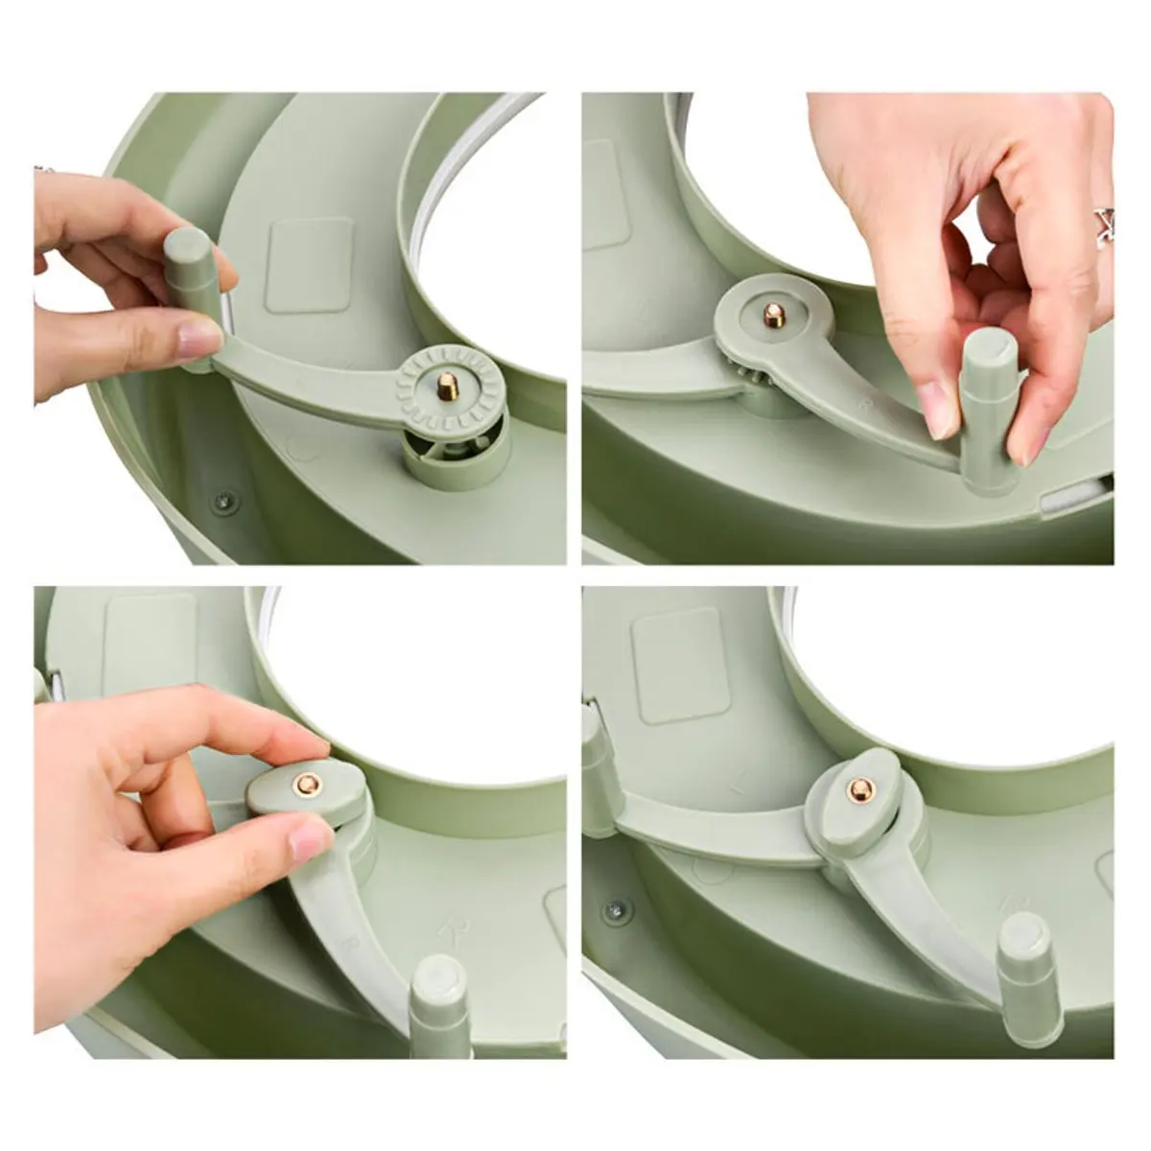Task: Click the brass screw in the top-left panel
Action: (x=446, y=388)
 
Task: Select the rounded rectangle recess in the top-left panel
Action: (x=309, y=264)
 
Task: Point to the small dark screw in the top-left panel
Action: (x=223, y=500)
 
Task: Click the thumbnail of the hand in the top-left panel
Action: (x=199, y=338)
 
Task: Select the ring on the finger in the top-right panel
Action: (x=1103, y=225)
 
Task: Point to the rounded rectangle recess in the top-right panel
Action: (x=605, y=197)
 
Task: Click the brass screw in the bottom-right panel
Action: (x=857, y=790)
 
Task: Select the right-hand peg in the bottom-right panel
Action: (x=1025, y=969)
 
